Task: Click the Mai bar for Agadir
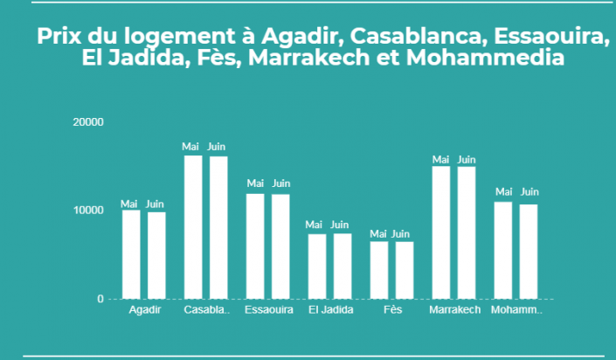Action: [130, 254]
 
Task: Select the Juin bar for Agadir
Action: [156, 255]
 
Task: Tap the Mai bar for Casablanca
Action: [192, 227]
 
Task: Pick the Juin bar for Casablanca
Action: [218, 227]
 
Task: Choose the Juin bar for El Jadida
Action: [342, 267]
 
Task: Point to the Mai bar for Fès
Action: [378, 270]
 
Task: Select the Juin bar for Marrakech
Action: [467, 232]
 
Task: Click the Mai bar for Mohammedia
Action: [503, 251]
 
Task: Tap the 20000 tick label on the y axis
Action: [88, 121]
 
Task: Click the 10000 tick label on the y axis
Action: [88, 211]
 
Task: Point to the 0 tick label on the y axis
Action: [100, 299]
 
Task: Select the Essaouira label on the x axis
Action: [267, 310]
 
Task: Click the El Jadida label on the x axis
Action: [329, 310]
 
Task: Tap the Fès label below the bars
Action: [392, 310]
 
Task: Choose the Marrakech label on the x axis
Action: [454, 310]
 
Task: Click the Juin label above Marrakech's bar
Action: [467, 160]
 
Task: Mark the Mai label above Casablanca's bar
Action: [191, 147]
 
